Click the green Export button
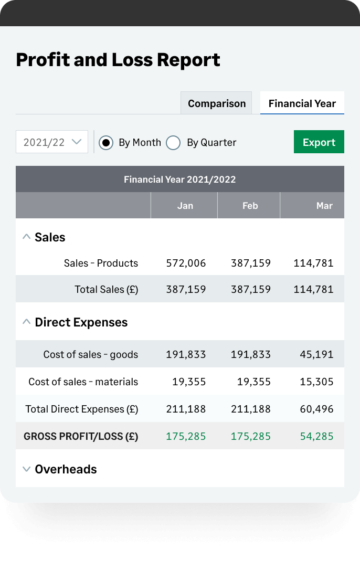(319, 142)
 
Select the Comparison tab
(216, 103)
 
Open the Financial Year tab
(302, 103)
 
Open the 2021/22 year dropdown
(52, 142)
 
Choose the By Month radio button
(106, 143)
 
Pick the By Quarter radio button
(173, 143)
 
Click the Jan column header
(185, 206)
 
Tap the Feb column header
(250, 206)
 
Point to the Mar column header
(324, 206)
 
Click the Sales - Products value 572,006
(186, 263)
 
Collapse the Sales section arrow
(26, 237)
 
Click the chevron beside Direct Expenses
(26, 322)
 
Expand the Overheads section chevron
(26, 469)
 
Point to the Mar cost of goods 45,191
(316, 354)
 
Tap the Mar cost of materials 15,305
(316, 382)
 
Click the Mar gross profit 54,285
(316, 436)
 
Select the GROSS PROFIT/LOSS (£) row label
(81, 436)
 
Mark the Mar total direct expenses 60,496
(316, 409)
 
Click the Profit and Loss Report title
(118, 60)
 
